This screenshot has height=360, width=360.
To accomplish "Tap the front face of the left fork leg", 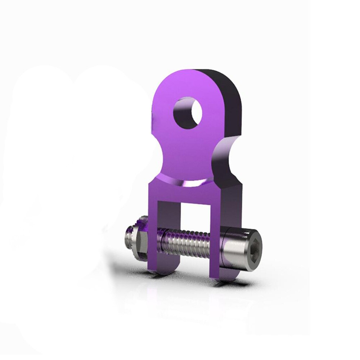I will (153, 234).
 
